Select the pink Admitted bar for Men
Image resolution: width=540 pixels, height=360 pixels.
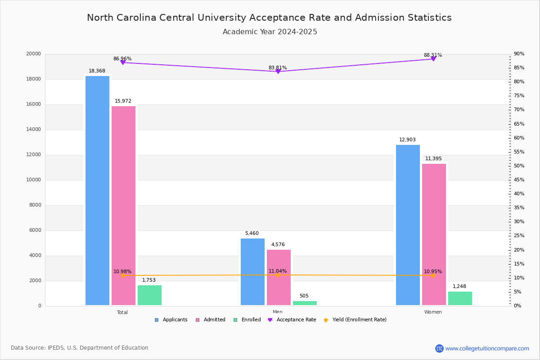(279, 277)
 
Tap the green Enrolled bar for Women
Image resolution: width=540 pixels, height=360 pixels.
(460, 298)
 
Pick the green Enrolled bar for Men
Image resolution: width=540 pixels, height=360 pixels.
(305, 303)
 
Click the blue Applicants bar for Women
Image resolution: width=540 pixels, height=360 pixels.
(408, 225)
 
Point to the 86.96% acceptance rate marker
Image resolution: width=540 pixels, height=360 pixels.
(123, 63)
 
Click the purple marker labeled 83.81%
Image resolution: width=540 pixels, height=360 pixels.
(278, 72)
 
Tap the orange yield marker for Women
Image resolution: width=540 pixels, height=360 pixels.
(433, 275)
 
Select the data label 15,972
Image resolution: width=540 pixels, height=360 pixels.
(123, 101)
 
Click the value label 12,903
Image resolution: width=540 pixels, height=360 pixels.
(407, 140)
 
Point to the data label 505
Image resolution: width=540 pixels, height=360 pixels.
(304, 296)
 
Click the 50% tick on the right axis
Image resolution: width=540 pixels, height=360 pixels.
(519, 166)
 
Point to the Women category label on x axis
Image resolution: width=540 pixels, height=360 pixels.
(433, 312)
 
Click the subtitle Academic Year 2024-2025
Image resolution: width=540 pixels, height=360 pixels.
(270, 32)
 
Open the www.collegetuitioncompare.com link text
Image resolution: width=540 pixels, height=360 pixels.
(487, 348)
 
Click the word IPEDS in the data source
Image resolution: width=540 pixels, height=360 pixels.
(56, 348)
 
